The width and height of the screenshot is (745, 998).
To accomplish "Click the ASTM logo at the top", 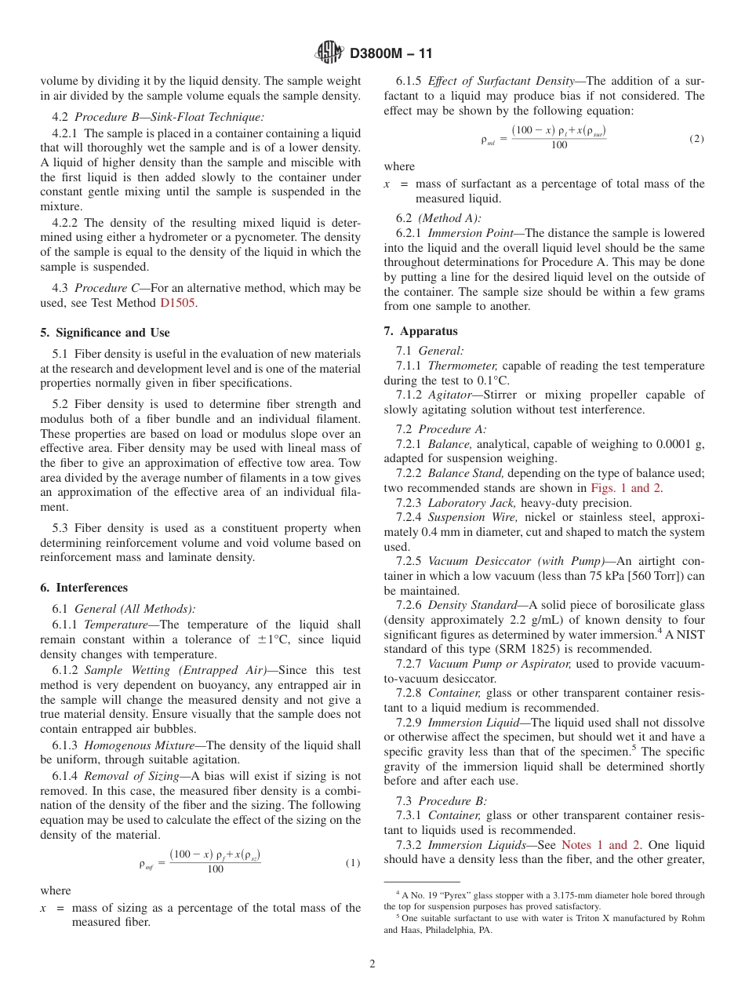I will [x=329, y=53].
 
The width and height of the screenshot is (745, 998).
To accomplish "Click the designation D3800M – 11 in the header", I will [x=391, y=54].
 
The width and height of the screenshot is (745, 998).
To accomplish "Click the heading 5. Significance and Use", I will [x=105, y=333].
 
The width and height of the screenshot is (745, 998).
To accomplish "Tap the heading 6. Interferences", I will [x=84, y=588].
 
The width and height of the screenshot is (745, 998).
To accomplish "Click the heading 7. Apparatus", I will [x=420, y=331].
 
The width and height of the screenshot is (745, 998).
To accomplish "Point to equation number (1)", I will [x=352, y=863].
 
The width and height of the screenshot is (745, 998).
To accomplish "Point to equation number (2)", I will [x=696, y=139].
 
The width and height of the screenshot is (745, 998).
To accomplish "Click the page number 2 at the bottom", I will [x=372, y=964].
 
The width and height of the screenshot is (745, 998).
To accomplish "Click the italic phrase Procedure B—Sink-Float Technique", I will [x=169, y=117].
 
